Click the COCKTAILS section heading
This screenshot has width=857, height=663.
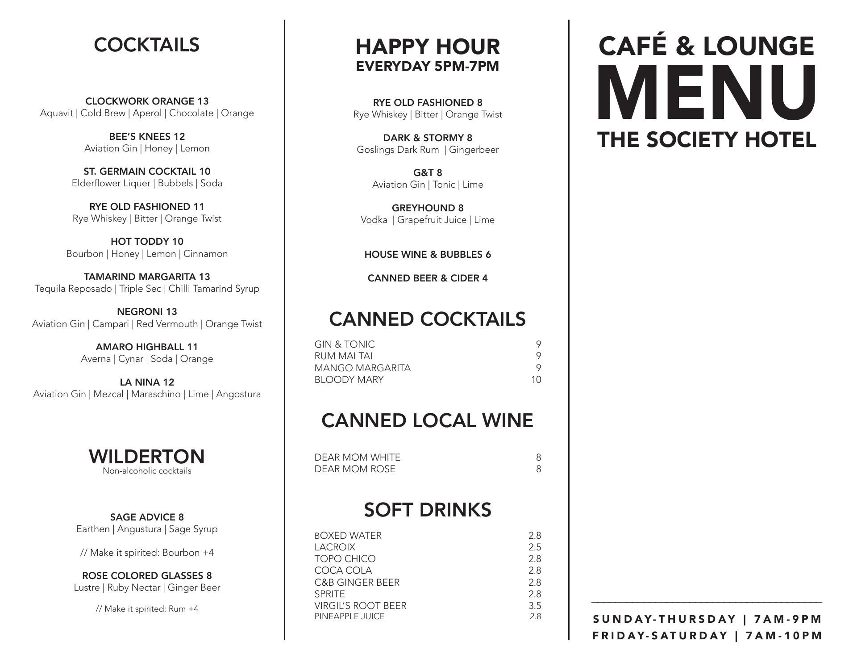[146, 45]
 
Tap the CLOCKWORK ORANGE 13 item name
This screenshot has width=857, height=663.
[147, 101]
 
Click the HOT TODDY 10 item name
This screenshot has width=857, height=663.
[147, 242]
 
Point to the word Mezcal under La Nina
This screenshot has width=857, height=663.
[108, 394]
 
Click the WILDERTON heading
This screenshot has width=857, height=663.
[147, 457]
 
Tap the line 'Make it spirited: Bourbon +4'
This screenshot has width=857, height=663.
[147, 553]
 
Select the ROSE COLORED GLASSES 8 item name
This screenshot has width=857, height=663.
[147, 575]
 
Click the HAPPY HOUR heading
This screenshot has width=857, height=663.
[428, 46]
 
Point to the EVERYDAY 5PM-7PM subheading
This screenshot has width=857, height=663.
[428, 67]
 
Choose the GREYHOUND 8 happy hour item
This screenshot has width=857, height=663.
[428, 208]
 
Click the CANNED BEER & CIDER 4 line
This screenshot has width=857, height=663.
[428, 278]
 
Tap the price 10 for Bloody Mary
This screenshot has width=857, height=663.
[536, 380]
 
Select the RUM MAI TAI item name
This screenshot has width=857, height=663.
[343, 356]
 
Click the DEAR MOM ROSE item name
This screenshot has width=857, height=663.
[355, 469]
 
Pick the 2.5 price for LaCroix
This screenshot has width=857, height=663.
[535, 547]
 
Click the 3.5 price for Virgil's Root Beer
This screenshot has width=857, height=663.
[535, 606]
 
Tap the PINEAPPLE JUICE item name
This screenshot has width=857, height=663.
[349, 617]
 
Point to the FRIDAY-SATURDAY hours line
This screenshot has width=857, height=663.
[707, 636]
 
